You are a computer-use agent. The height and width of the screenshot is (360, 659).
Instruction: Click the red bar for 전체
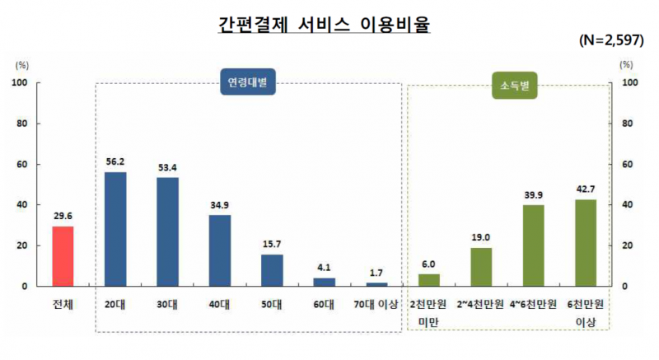[63, 256]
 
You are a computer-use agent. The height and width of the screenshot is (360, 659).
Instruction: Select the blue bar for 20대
[115, 229]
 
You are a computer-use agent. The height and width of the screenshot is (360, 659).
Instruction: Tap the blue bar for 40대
[220, 250]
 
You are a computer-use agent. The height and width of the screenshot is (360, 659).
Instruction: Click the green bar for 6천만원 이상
[586, 243]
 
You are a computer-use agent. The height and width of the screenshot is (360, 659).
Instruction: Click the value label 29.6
[63, 217]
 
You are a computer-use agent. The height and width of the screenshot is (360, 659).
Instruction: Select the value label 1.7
[376, 273]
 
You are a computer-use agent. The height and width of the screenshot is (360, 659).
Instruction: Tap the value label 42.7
[586, 189]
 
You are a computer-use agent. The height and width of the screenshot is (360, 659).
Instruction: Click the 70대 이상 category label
[376, 304]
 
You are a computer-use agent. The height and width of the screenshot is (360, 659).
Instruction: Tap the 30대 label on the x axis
[167, 304]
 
